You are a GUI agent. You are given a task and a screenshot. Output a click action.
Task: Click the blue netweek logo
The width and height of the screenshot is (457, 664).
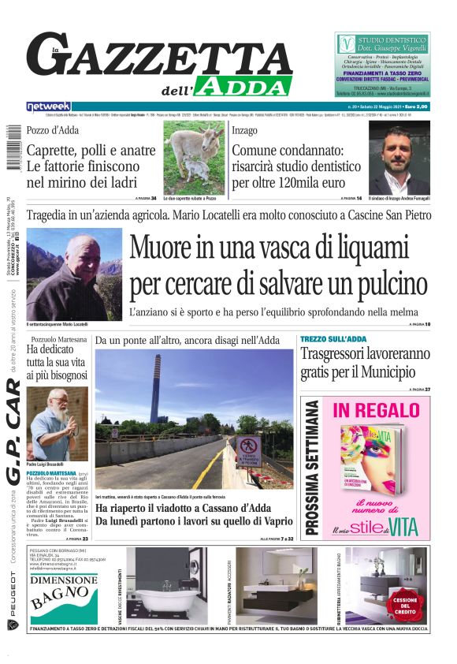[49, 106]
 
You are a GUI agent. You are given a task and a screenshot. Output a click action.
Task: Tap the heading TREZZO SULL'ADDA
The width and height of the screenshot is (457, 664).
[333, 339]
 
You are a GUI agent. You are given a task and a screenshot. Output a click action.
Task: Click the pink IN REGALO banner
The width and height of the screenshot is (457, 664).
[376, 410]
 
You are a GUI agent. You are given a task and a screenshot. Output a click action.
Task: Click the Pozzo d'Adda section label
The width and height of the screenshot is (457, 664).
[53, 130]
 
